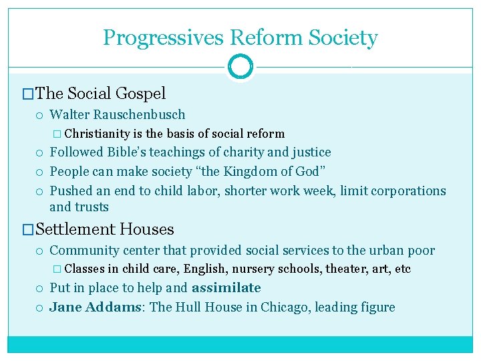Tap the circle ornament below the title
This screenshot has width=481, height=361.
pos(240,67)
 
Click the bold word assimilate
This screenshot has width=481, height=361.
pos(226,288)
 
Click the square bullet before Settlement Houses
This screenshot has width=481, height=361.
pos(28,230)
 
